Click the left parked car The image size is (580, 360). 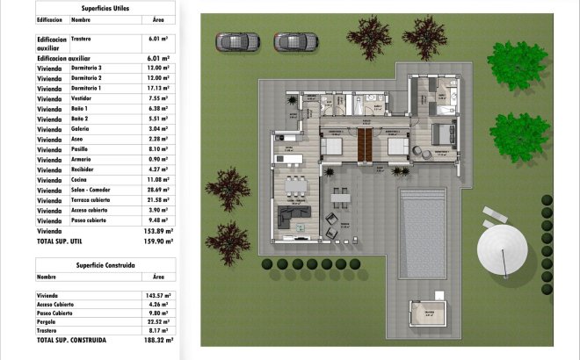237,40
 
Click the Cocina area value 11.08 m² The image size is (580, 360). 159,179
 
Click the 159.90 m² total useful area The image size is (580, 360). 158,241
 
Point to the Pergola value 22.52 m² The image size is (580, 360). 159,320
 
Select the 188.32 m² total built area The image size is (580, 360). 158,339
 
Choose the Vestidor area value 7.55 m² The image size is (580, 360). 160,98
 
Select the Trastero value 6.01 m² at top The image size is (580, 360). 159,39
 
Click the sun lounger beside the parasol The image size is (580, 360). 494,215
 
